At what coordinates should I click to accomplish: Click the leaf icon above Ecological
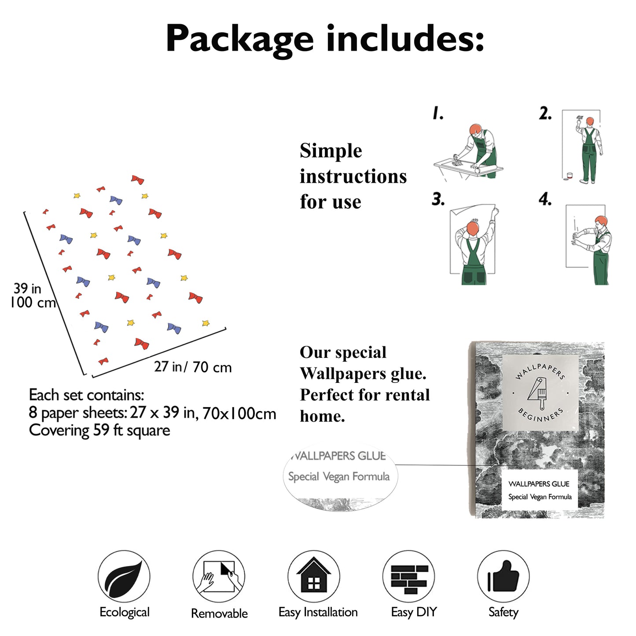point(124,576)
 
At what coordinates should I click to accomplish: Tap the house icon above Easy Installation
point(313,576)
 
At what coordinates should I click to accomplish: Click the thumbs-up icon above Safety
point(503,576)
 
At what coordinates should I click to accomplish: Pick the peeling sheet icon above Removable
point(219,577)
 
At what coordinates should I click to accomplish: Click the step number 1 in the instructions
point(437,114)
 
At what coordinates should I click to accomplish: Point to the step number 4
point(545,199)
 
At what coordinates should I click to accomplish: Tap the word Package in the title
point(239,39)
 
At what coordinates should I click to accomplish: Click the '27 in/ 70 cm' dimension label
point(193,367)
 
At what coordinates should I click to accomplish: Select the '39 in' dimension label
point(27,288)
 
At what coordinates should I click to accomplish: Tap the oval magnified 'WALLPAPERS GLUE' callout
point(339,476)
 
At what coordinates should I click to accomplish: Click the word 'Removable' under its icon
point(219,613)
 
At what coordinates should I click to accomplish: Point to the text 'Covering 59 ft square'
point(99,430)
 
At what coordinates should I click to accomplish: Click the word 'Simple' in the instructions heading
point(331,151)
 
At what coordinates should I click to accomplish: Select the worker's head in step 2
point(590,121)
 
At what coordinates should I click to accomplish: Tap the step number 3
point(438,199)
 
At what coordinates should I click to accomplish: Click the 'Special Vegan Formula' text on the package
point(540,497)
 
